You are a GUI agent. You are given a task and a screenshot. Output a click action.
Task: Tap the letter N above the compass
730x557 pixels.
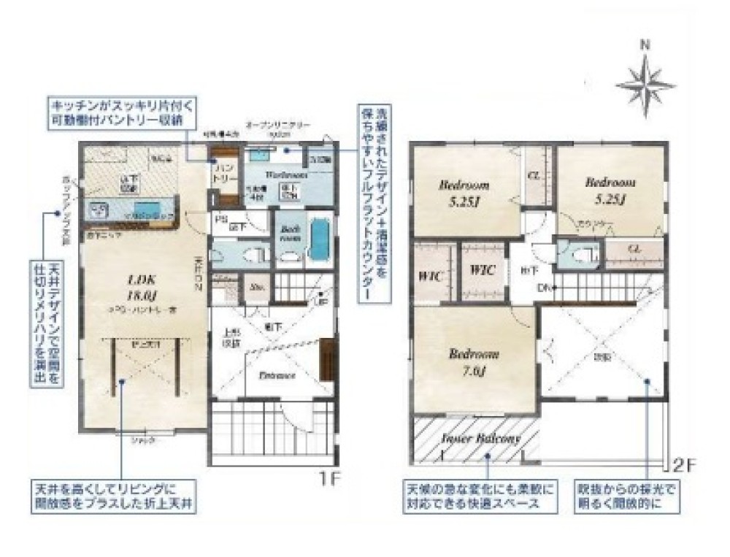[x=645, y=44]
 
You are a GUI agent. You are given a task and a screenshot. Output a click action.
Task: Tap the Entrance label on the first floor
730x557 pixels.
[x=277, y=375]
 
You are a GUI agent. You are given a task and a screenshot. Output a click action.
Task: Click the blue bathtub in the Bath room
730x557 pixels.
[x=320, y=240]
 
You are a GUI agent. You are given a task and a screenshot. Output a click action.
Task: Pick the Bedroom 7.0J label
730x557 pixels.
[x=474, y=362]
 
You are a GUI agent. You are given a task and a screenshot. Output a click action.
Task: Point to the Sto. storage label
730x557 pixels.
[x=257, y=287]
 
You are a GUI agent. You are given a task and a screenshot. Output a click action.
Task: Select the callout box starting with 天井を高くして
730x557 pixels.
[x=113, y=496]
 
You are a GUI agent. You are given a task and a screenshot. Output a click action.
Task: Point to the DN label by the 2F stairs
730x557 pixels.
[x=543, y=288]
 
